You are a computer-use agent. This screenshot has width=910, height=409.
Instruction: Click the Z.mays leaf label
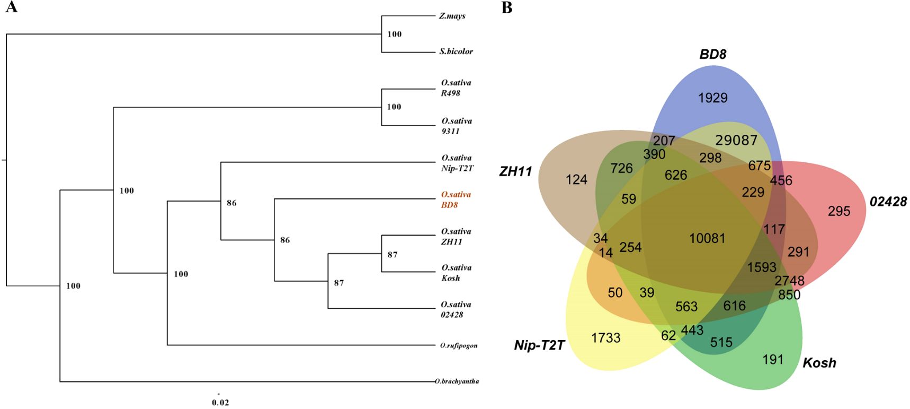pos(452,16)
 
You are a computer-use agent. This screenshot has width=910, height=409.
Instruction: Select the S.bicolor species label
pos(456,51)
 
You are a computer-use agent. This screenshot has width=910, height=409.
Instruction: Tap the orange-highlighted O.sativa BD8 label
pos(456,199)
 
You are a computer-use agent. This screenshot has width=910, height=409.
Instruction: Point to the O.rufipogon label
pos(458,345)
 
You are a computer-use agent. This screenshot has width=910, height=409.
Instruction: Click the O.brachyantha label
pos(457,381)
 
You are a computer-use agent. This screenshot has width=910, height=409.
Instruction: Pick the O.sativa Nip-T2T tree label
pos(457,163)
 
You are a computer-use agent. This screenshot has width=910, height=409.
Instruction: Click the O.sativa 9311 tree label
pos(456,126)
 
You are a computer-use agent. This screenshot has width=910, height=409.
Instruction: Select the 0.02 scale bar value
pos(220,402)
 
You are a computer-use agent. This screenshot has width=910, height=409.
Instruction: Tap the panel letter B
pos(506,7)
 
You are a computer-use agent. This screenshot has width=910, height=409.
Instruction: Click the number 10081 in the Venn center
pos(707,238)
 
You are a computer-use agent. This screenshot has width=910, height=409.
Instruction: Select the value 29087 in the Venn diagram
pos(736,140)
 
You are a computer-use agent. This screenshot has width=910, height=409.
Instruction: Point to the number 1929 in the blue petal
pos(712,98)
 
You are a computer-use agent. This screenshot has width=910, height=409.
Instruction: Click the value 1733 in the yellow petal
pos(605,338)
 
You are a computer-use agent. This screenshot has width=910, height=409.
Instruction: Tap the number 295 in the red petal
pos(838,211)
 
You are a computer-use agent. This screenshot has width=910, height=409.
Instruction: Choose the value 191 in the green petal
pos(772,360)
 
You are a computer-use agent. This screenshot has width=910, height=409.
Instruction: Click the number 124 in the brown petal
pos(576,180)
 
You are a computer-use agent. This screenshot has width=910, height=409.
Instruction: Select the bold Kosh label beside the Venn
pos(819,363)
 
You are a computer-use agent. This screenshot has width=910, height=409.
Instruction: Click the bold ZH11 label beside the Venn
pos(515,171)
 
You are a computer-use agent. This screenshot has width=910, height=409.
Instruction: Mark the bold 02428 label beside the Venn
pos(888,202)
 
